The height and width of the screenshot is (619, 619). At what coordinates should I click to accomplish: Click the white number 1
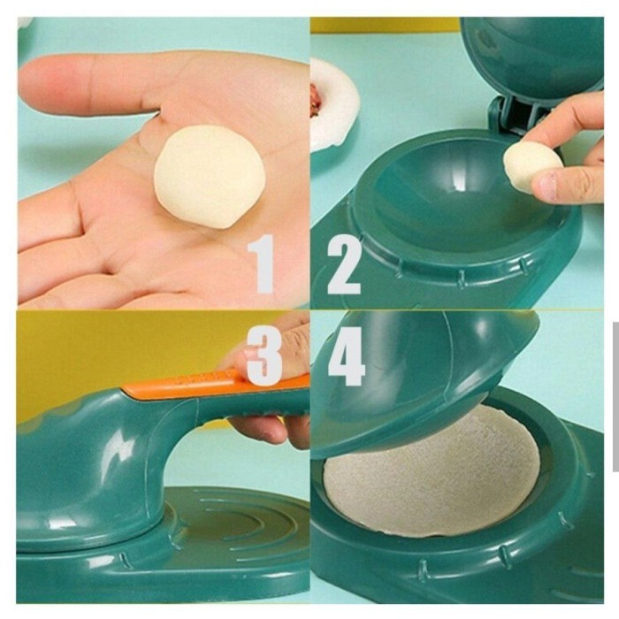[262, 264]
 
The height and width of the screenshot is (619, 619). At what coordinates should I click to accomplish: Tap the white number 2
[344, 264]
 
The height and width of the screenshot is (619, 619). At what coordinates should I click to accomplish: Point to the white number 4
[347, 355]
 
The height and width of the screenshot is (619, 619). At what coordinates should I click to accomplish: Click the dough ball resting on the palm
[209, 176]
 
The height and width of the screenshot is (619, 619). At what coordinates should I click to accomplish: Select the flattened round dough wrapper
[432, 470]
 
